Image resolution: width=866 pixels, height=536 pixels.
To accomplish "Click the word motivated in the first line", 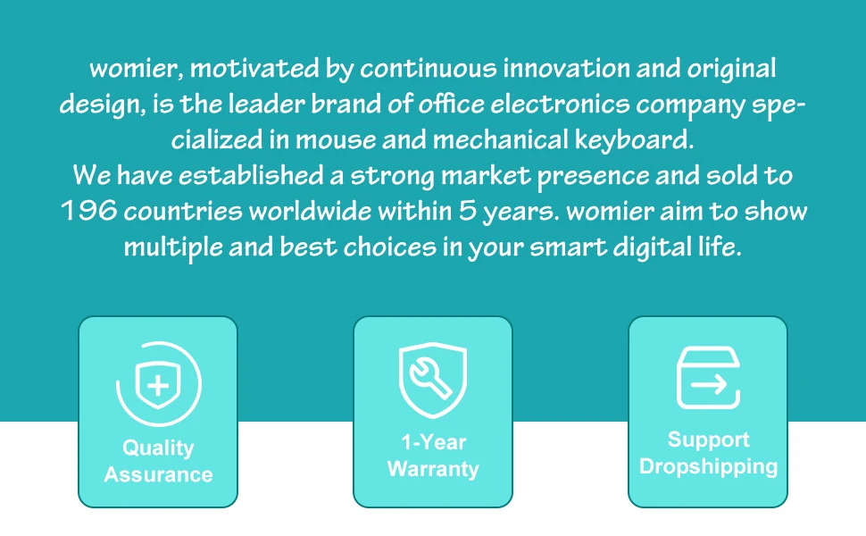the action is pyautogui.click(x=254, y=69).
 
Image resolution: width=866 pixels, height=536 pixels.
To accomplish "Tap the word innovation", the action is pyautogui.click(x=566, y=69).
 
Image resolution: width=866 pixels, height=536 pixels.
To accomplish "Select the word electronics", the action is pyautogui.click(x=560, y=104).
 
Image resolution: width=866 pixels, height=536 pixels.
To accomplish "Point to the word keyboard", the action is pyautogui.click(x=634, y=139).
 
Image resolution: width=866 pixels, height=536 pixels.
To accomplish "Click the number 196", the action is pyautogui.click(x=89, y=211).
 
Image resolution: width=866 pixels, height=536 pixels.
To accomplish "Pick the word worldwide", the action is pyautogui.click(x=311, y=211).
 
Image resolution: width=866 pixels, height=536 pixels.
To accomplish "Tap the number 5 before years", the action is pyautogui.click(x=467, y=211).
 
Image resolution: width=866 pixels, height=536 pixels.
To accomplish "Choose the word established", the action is pyautogui.click(x=251, y=175).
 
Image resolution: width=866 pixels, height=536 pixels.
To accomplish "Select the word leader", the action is pyautogui.click(x=267, y=104).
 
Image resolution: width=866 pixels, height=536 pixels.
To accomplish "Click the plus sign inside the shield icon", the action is pyautogui.click(x=159, y=385).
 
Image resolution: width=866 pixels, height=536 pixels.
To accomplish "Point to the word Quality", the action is pyautogui.click(x=158, y=448).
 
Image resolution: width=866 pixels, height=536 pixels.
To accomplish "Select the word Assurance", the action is pyautogui.click(x=159, y=474).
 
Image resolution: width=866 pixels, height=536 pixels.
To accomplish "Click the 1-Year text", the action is pyautogui.click(x=434, y=442).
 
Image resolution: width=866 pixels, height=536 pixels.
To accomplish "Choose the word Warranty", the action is pyautogui.click(x=433, y=469).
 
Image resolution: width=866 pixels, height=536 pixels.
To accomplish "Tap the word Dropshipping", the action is pyautogui.click(x=709, y=467).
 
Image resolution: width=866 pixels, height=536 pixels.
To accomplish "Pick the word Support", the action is pyautogui.click(x=709, y=440).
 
